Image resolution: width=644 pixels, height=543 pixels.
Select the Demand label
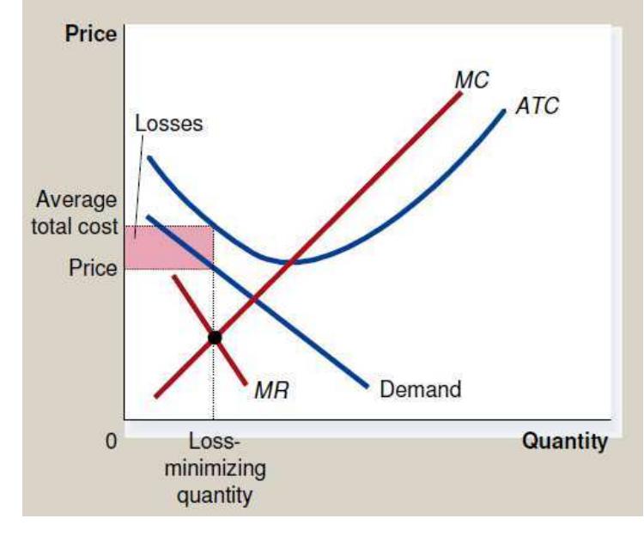[x=420, y=388]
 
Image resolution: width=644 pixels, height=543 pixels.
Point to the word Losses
[x=168, y=123]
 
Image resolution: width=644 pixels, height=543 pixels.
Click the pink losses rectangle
[x=168, y=247]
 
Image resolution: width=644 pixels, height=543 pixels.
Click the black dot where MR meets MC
[x=215, y=338]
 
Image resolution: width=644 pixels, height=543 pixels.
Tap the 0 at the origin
[x=110, y=442]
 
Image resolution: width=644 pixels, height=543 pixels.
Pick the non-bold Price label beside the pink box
[x=93, y=267]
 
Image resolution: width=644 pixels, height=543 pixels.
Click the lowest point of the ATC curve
[x=294, y=260]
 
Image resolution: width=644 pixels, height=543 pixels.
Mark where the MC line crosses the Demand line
[x=252, y=299]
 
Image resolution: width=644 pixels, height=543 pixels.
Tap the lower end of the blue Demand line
[x=368, y=386]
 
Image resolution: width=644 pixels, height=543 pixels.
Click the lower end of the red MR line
[x=246, y=383]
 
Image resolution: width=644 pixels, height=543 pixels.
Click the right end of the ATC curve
[x=505, y=110]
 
